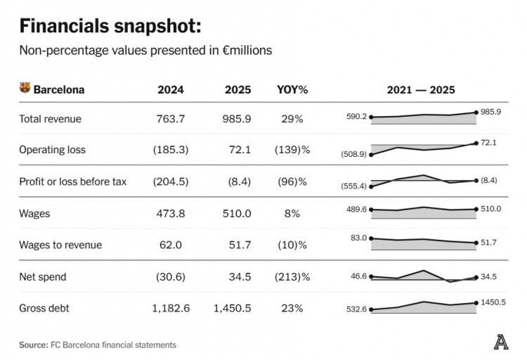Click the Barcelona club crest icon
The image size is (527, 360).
pos(25,89)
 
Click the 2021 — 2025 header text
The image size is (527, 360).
pos(421,90)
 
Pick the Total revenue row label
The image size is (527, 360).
pos(50,119)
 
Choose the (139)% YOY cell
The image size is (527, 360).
pos(292,150)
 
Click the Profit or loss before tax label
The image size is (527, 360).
pos(73,181)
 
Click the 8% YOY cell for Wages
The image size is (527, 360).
pos(292,214)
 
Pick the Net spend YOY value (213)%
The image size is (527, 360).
pos(292,277)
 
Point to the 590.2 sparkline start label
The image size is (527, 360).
pos(356,117)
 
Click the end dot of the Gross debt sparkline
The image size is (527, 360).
pos(476,303)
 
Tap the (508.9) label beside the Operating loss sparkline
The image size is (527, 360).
pos(353,154)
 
